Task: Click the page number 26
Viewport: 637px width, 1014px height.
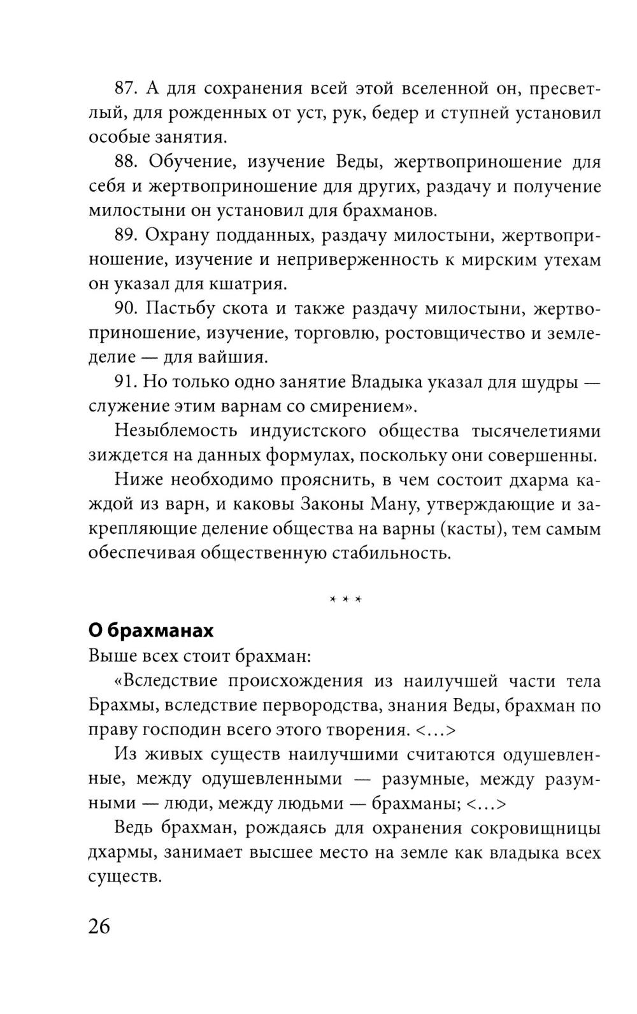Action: [x=99, y=925]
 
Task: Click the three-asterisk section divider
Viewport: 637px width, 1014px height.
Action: [x=345, y=599]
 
